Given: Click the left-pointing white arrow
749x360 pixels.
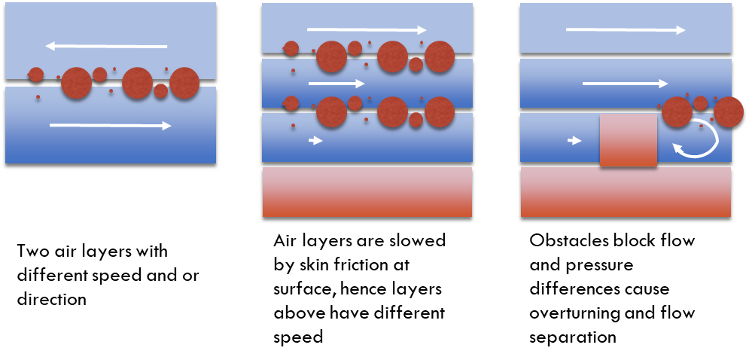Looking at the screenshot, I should [106, 46].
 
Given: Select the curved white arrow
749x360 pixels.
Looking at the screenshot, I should [696, 140].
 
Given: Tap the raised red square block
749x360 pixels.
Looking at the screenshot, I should [629, 140].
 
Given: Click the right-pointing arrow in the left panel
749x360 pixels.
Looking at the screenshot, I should [110, 126].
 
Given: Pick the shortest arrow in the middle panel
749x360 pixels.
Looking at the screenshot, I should [315, 140].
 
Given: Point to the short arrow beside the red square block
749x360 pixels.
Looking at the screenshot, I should [574, 140].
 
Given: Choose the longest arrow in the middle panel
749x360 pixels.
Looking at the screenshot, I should [367, 30].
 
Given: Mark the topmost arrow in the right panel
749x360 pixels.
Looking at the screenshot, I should [626, 30].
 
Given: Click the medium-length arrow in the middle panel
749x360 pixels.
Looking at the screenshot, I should [336, 84].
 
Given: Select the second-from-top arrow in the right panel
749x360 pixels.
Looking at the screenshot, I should [625, 84].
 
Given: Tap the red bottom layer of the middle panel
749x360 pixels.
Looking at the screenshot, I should [367, 192].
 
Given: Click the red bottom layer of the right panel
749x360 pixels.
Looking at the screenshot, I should [626, 192].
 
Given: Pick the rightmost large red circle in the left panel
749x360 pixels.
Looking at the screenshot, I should [184, 83].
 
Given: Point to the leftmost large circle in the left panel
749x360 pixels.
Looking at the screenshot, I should [76, 83].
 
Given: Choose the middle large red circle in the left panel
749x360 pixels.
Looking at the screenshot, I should [137, 83].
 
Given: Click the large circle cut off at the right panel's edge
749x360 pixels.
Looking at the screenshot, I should [728, 112].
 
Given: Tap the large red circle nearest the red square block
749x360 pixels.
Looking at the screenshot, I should [677, 112].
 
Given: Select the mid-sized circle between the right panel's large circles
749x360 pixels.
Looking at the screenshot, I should [700, 103].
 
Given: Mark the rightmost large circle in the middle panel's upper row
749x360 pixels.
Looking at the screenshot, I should [440, 56].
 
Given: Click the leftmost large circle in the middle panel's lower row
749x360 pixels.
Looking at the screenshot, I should [331, 112].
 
